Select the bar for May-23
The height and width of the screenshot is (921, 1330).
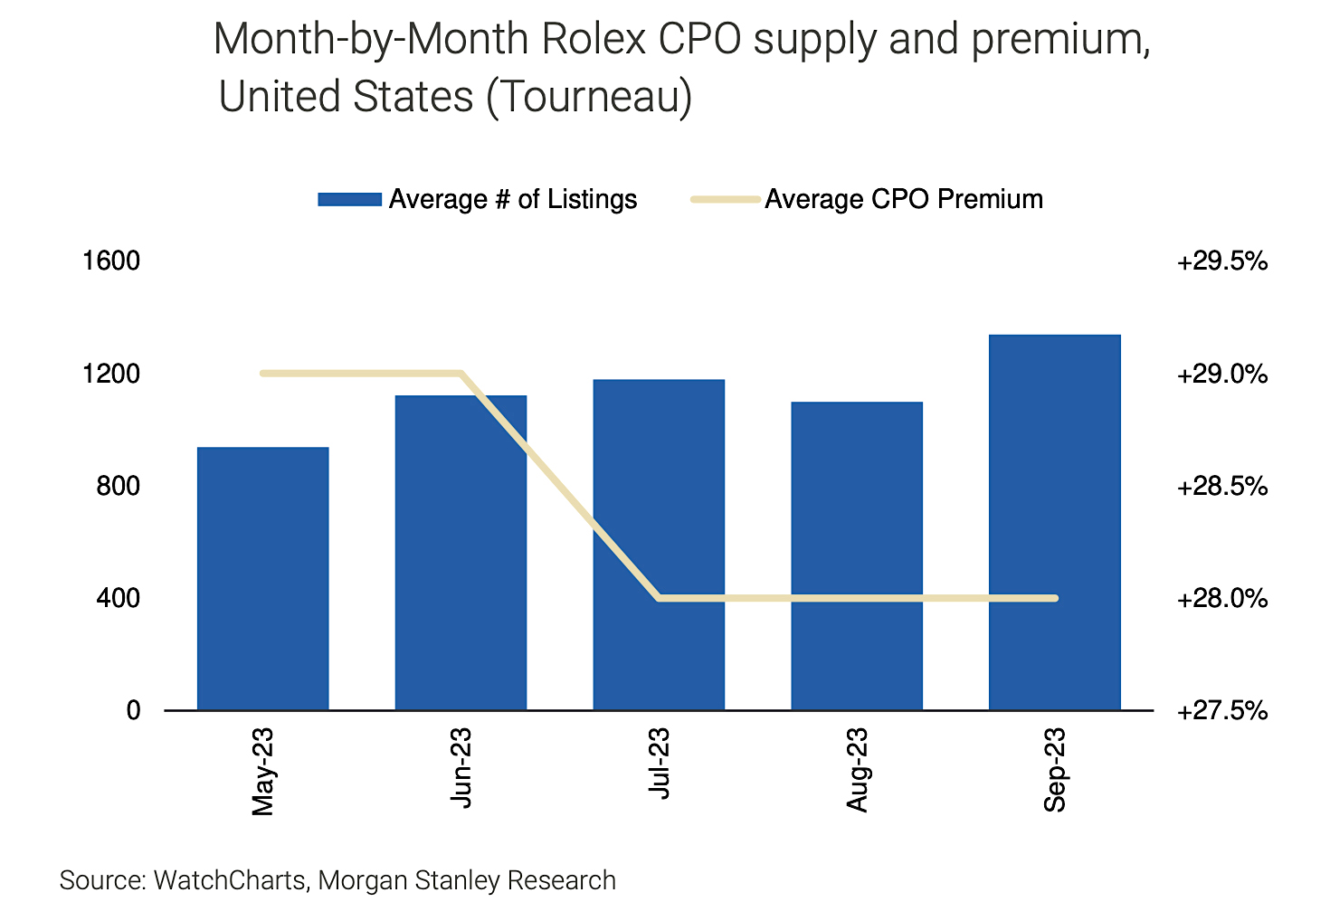262,579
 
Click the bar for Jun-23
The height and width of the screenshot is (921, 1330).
461,553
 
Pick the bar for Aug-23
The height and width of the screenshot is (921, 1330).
857,556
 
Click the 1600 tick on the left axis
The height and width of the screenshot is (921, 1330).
111,261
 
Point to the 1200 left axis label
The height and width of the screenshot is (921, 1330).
111,374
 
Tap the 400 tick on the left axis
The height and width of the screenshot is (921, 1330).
119,598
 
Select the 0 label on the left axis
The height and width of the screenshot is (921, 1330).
133,711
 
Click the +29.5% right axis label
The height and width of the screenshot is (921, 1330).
1221,261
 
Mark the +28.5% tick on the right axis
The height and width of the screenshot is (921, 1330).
1221,487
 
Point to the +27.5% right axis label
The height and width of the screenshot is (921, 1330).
1221,711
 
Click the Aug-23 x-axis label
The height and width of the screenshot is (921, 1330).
857,770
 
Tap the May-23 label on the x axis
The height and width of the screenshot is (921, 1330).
262,770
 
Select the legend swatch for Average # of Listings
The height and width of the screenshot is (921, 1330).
349,200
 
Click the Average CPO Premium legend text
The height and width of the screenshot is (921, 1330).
904,199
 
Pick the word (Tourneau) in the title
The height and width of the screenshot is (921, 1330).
589,97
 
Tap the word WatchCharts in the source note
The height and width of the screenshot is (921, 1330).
230,880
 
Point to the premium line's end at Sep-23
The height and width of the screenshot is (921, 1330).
1054,598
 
